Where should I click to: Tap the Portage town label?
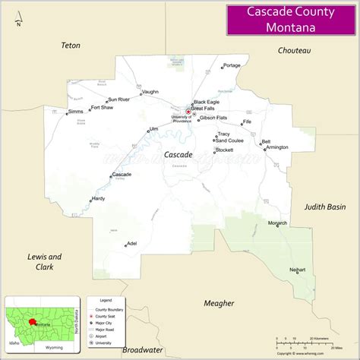[x=232, y=65]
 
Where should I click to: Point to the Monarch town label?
[x=278, y=223]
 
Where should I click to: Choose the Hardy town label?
[x=98, y=198]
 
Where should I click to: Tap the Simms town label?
[x=75, y=112]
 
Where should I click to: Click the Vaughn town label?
[x=150, y=92]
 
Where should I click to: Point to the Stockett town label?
[x=224, y=150]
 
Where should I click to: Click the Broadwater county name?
[x=143, y=350]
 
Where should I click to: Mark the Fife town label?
[x=247, y=122]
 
